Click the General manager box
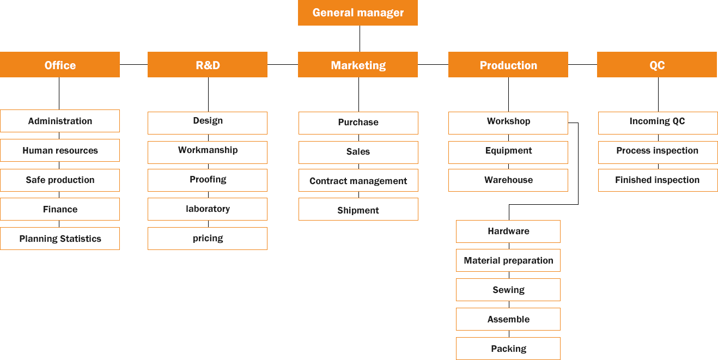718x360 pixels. [x=357, y=13]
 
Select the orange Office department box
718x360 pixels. [x=60, y=65]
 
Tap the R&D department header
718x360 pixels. [x=208, y=65]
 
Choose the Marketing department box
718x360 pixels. [x=357, y=65]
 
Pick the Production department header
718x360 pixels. [x=508, y=65]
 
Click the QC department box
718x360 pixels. [x=656, y=65]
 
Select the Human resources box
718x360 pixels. [x=60, y=150]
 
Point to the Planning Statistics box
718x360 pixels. [x=60, y=239]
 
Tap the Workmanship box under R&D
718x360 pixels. [x=208, y=150]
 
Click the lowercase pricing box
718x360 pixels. [x=208, y=238]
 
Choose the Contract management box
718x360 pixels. [x=358, y=181]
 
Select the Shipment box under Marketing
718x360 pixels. [x=358, y=210]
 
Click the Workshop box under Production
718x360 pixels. [x=508, y=121]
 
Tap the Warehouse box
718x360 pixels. [x=508, y=180]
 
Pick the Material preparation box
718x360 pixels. [x=508, y=260]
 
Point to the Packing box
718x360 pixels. [x=508, y=349]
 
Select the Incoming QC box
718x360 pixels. [x=657, y=121]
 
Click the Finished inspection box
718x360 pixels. [x=657, y=180]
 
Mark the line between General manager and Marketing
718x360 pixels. [x=360, y=38]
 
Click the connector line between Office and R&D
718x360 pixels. [x=133, y=64]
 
